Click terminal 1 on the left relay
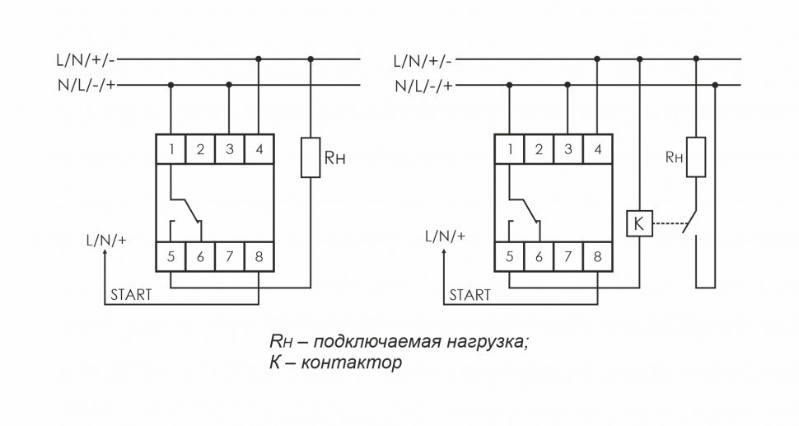pyautogui.click(x=171, y=149)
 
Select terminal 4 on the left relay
pyautogui.click(x=259, y=149)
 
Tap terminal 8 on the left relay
pyautogui.click(x=259, y=256)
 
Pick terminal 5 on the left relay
pyautogui.click(x=171, y=256)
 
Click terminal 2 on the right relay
pyautogui.click(x=538, y=149)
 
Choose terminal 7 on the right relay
pyautogui.click(x=568, y=256)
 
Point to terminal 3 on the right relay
pyautogui.click(x=568, y=149)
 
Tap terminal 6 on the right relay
pyautogui.click(x=538, y=256)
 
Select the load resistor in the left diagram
pyautogui.click(x=311, y=158)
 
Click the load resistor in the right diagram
pyautogui.click(x=697, y=157)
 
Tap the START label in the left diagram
pyautogui.click(x=131, y=294)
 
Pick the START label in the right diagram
pyautogui.click(x=470, y=294)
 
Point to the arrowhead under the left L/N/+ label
pyautogui.click(x=105, y=255)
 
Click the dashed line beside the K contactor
pyautogui.click(x=667, y=223)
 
